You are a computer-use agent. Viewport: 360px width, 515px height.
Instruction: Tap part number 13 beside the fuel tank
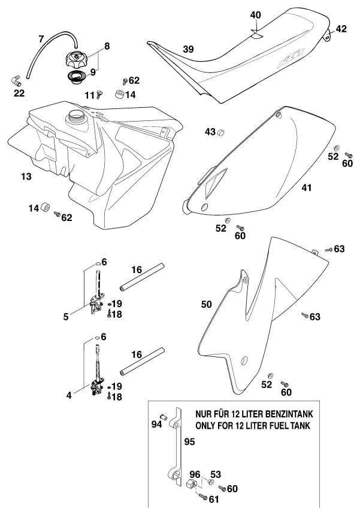pyautogui.click(x=25, y=177)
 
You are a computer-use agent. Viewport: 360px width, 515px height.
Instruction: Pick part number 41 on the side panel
pyautogui.click(x=306, y=187)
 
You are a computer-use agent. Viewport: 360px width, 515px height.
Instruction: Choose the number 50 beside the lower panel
pyautogui.click(x=206, y=304)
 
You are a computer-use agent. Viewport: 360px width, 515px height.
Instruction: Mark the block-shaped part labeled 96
pyautogui.click(x=193, y=482)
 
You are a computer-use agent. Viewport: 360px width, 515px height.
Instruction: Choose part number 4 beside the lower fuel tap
pyautogui.click(x=69, y=395)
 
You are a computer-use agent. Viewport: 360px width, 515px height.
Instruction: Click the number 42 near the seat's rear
pyautogui.click(x=341, y=28)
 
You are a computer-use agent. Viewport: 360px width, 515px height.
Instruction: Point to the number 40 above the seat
pyautogui.click(x=255, y=14)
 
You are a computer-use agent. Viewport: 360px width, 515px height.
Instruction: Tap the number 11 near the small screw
pyautogui.click(x=89, y=95)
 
